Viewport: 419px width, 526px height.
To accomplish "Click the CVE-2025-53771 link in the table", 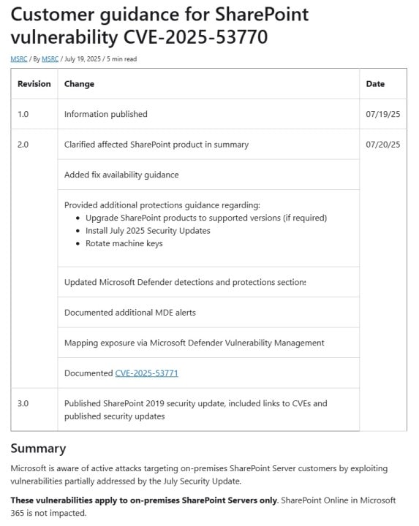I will tap(146, 373).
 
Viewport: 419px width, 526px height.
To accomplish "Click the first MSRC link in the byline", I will tap(18, 59).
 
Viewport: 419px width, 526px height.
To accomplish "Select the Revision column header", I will tap(34, 84).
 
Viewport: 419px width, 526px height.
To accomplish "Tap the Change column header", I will tap(79, 84).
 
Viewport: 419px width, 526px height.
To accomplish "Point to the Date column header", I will tap(375, 84).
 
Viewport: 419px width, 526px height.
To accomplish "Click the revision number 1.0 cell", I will tap(23, 114).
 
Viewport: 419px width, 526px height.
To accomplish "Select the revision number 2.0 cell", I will tap(23, 145).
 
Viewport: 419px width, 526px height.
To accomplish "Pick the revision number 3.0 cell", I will tap(23, 403).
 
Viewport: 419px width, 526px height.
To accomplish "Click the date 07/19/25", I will tap(382, 114).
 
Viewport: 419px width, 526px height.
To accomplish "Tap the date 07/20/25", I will tap(382, 145).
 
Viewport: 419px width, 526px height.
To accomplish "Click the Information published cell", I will tap(106, 114).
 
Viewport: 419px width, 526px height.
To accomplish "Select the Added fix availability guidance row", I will tap(121, 175).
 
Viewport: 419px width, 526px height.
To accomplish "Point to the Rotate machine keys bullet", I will tap(124, 243).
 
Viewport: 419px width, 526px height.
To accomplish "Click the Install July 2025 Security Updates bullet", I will tap(147, 231).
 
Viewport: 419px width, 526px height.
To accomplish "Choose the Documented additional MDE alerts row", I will tap(129, 313).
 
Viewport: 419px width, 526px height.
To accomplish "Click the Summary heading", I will tap(38, 449).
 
